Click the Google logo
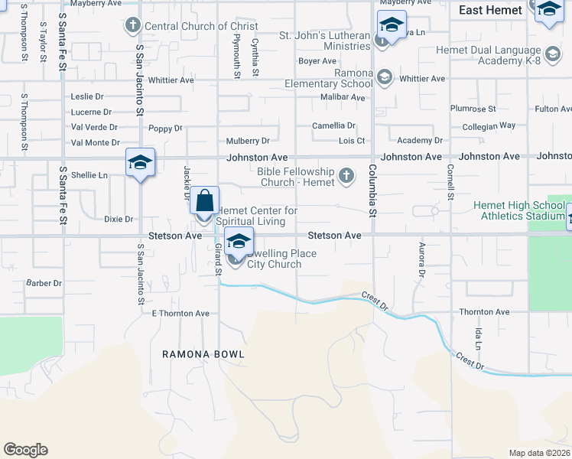pos(25,450)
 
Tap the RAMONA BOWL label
pos(203,354)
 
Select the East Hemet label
pos(490,10)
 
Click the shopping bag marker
pos(204,202)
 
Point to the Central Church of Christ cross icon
pos(133,26)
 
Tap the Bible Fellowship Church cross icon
pos(346,176)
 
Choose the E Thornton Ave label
pos(180,314)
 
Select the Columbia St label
pos(372,190)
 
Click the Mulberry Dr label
pos(248,141)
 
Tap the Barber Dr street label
pos(44,283)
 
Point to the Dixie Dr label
pos(119,219)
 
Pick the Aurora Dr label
pos(421,261)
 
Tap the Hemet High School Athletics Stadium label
pos(518,210)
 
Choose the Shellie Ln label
pos(89,175)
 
